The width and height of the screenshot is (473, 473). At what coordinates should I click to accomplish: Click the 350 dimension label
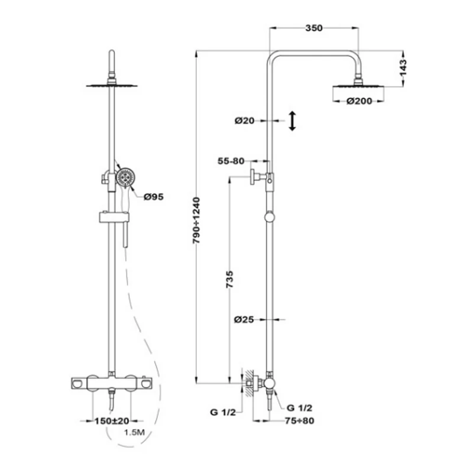coord(314,28)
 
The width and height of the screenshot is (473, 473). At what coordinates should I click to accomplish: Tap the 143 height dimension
coord(403,67)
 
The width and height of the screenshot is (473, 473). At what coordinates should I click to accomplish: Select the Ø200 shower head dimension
coord(359,101)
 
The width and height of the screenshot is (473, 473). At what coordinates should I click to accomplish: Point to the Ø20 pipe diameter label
coord(244,121)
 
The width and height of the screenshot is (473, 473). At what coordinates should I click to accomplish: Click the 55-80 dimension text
coord(231,161)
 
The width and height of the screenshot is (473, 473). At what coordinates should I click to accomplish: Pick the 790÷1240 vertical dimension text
coord(196,221)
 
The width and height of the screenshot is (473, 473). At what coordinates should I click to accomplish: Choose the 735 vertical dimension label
coord(230,279)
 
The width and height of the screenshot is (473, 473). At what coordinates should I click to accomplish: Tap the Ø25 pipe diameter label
coord(244,319)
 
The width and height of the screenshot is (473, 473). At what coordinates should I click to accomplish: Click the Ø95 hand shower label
coord(154,197)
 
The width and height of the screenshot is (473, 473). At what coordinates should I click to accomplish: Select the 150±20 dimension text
coord(112,420)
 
